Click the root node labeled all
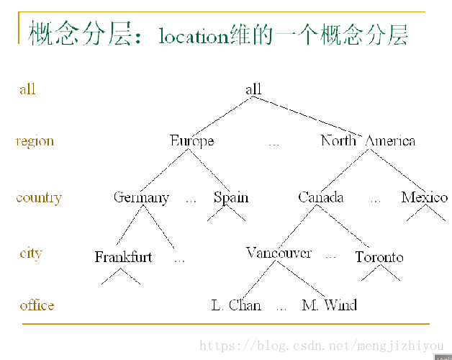pyautogui.click(x=253, y=89)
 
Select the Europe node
pyautogui.click(x=191, y=140)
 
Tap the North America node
pyautogui.click(x=368, y=140)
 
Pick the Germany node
pyautogui.click(x=141, y=197)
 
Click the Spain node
pyautogui.click(x=231, y=197)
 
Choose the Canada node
pyautogui.click(x=321, y=197)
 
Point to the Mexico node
pyautogui.click(x=425, y=197)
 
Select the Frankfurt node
pyautogui.click(x=123, y=257)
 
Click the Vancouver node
pyautogui.click(x=279, y=253)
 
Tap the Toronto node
pyautogui.click(x=379, y=257)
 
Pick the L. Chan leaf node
pyautogui.click(x=236, y=305)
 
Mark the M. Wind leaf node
pyautogui.click(x=330, y=305)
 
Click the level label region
pyautogui.click(x=35, y=141)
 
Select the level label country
pyautogui.click(x=39, y=198)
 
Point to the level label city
pyautogui.click(x=31, y=253)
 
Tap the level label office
pyautogui.click(x=37, y=305)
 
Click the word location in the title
pyautogui.click(x=193, y=36)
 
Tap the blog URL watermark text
pyautogui.click(x=321, y=346)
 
